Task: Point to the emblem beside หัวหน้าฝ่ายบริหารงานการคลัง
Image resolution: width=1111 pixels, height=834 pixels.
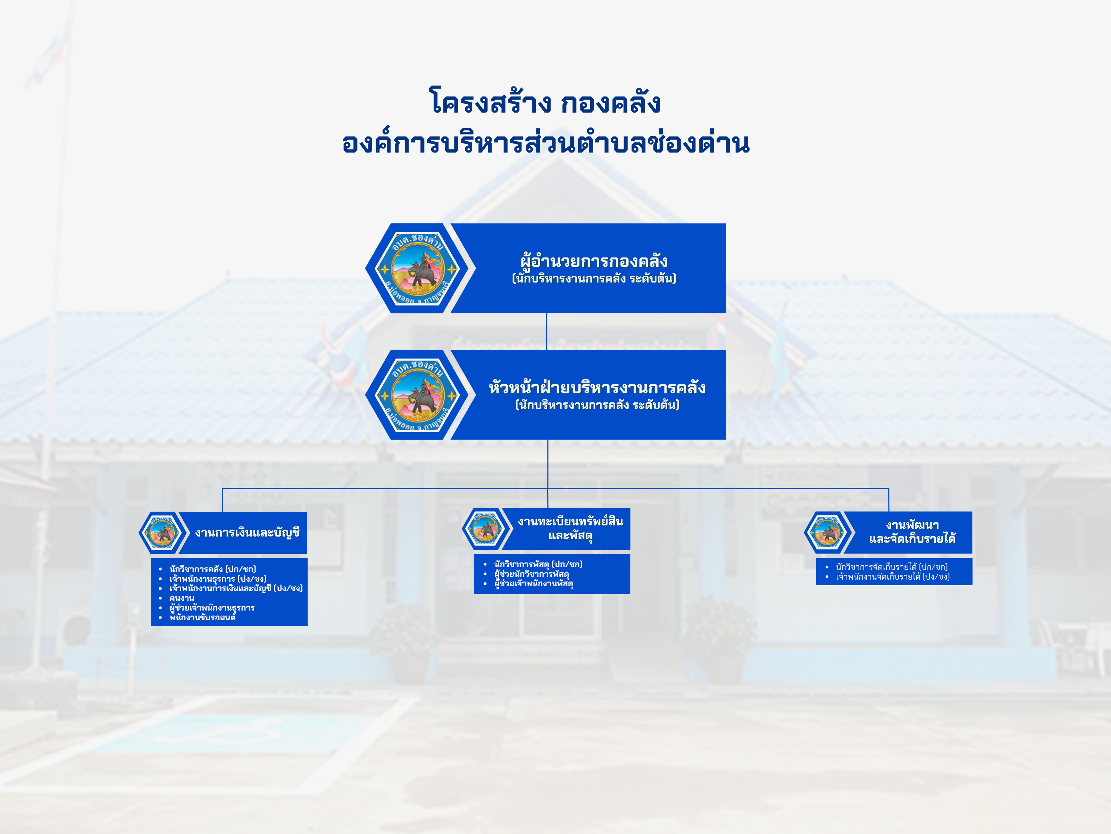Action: pos(417,395)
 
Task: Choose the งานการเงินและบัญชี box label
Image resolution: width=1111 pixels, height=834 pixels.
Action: pos(247,532)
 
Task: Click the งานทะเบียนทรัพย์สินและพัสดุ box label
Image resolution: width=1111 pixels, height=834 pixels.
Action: pos(570,528)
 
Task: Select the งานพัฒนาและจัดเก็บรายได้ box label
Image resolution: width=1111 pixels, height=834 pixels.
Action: pos(912,532)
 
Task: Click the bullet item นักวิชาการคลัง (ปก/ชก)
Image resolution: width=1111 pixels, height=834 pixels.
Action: pos(212,569)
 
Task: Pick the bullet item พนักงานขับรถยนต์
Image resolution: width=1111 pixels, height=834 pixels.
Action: pos(202,617)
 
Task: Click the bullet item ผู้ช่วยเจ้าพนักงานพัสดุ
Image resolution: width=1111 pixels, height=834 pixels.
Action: pos(533,584)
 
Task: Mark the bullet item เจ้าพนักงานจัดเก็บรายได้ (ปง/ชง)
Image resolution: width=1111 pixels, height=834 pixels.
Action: pos(893,577)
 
